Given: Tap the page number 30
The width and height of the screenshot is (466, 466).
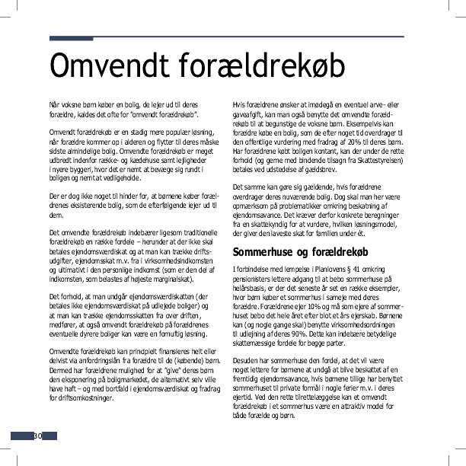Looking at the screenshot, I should pos(37,436).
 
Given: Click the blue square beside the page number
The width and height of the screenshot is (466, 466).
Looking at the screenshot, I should pos(21,436).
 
